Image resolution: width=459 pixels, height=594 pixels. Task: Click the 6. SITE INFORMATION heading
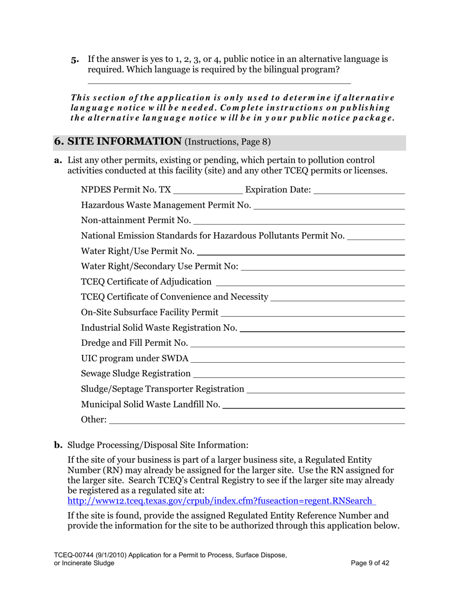[x=117, y=141]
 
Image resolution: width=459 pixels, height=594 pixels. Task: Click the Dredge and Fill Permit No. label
[x=135, y=343]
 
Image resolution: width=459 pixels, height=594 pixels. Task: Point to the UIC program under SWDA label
[x=135, y=359]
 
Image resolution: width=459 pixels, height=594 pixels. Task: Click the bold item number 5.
[x=75, y=60]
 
